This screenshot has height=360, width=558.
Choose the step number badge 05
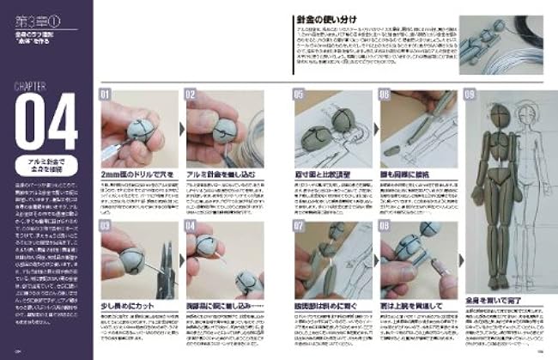point(300,95)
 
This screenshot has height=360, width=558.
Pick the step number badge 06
point(383,95)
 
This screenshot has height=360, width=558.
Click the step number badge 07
point(300,227)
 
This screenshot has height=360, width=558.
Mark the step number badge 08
point(383,227)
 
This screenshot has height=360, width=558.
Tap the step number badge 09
point(469,95)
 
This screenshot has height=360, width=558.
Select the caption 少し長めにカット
point(130,305)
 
